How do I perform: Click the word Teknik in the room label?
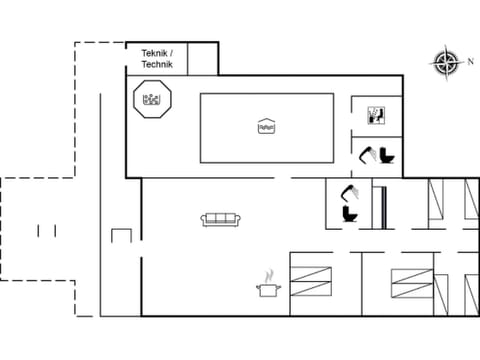(153, 53)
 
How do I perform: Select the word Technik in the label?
(157, 64)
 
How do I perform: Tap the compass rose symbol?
(445, 63)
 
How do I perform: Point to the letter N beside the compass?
(470, 61)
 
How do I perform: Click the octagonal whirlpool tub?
(153, 99)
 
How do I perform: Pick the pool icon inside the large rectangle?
(266, 126)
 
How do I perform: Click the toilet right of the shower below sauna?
(386, 155)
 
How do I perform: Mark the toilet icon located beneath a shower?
(350, 214)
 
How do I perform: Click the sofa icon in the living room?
(218, 219)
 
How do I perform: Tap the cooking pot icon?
(268, 290)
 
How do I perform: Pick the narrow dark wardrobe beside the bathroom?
(378, 205)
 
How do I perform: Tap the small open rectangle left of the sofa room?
(121, 236)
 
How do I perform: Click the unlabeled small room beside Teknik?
(202, 59)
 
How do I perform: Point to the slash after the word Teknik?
(172, 53)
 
